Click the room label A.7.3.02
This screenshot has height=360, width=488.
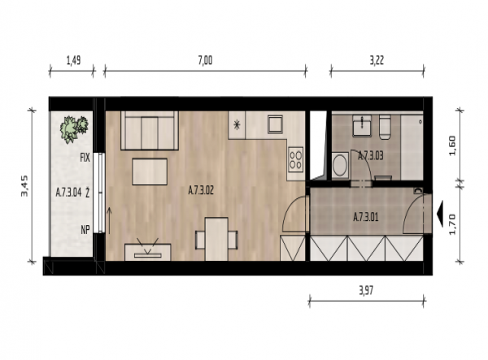pyautogui.click(x=201, y=190)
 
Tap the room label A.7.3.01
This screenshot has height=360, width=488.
pyautogui.click(x=366, y=217)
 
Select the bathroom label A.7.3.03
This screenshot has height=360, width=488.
pyautogui.click(x=370, y=155)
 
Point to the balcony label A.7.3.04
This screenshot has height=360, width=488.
pyautogui.click(x=68, y=193)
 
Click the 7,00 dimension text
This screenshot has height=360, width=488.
pyautogui.click(x=206, y=60)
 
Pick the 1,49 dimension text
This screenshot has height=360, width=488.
pyautogui.click(x=74, y=60)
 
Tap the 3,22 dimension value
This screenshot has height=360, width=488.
pyautogui.click(x=377, y=60)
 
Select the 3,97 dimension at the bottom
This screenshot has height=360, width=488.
pyautogui.click(x=366, y=291)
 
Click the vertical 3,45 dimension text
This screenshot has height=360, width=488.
pyautogui.click(x=24, y=186)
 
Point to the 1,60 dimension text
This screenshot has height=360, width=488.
pyautogui.click(x=452, y=145)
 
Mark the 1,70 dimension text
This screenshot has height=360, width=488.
pyautogui.click(x=452, y=224)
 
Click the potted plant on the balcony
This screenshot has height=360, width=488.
pyautogui.click(x=74, y=129)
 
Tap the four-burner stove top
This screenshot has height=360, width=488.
pyautogui.click(x=295, y=159)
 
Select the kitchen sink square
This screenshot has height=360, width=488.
pyautogui.click(x=276, y=124)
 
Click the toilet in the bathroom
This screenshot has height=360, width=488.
pyautogui.click(x=385, y=127)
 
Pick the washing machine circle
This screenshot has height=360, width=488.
pyautogui.click(x=340, y=165)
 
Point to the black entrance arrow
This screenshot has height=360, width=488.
pyautogui.click(x=439, y=215)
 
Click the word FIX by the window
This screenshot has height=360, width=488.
pyautogui.click(x=85, y=158)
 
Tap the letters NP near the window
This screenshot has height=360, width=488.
pyautogui.click(x=85, y=229)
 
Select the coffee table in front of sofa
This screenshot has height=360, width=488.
pyautogui.click(x=150, y=171)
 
